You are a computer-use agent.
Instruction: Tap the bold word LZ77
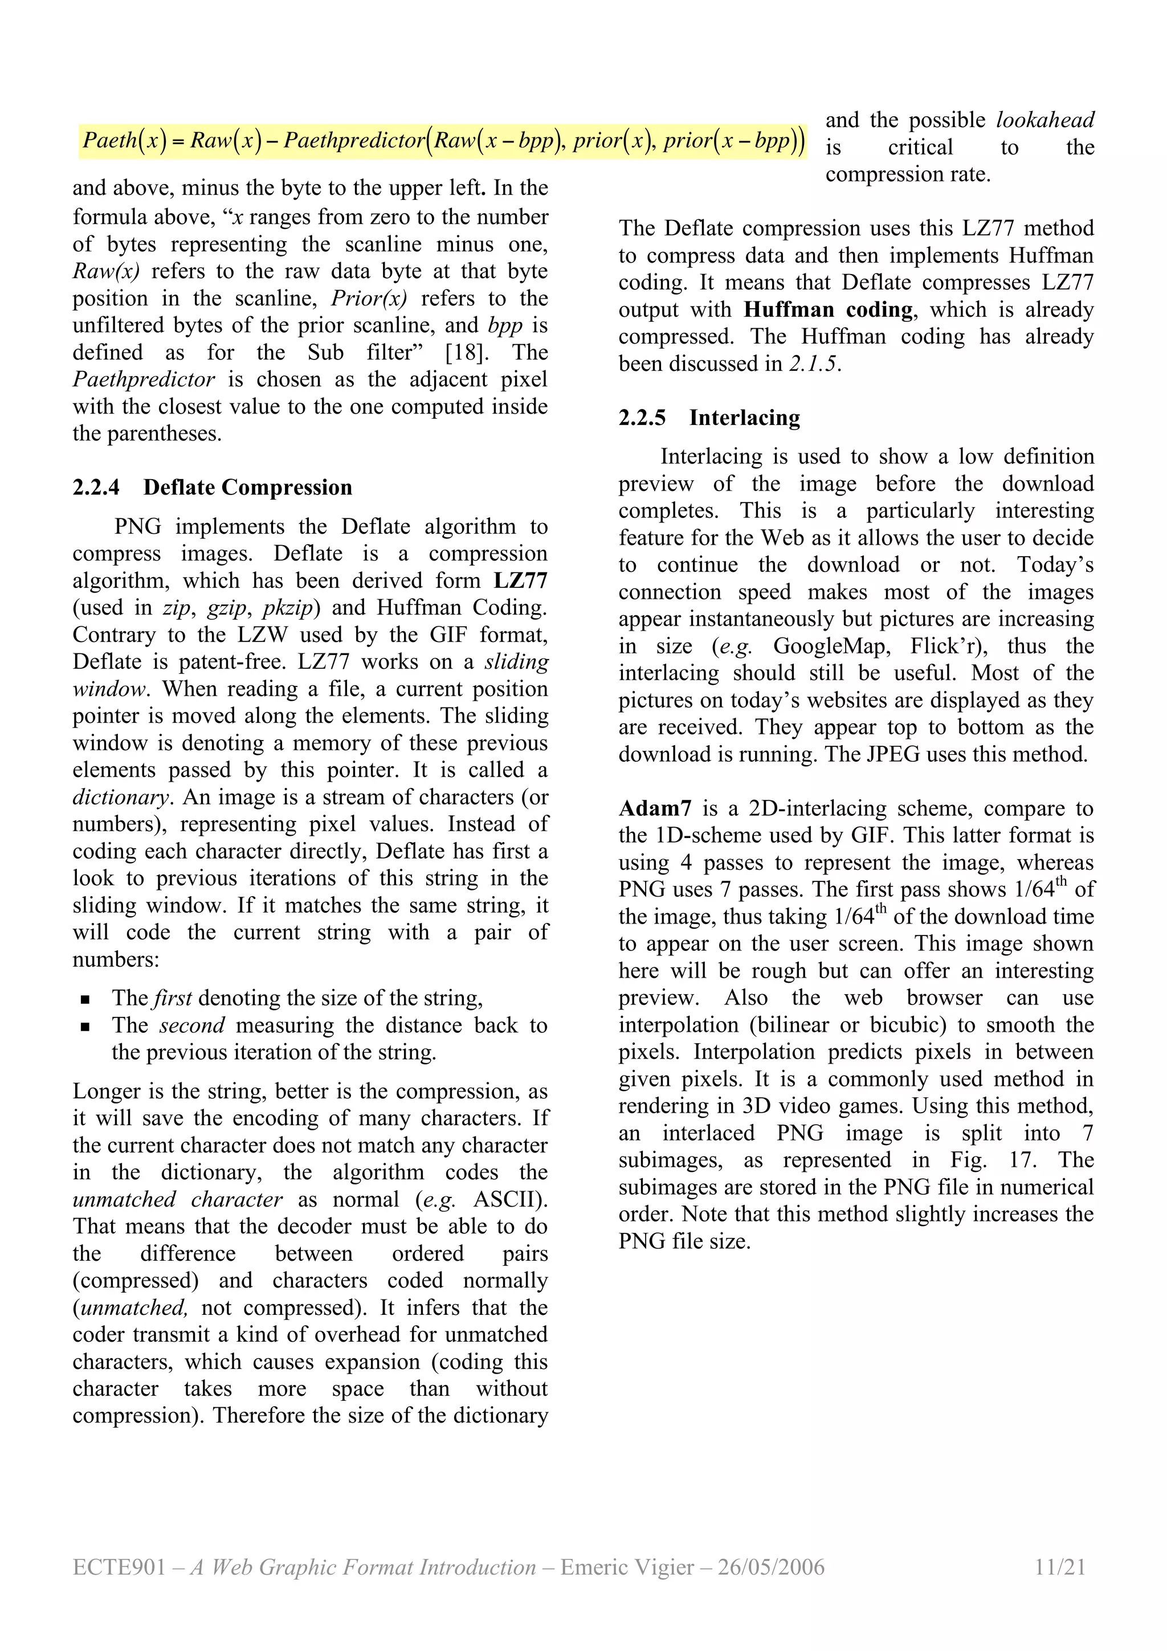(x=521, y=581)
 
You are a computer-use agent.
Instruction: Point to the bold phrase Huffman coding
(x=827, y=309)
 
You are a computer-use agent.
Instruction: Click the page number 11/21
(x=1059, y=1566)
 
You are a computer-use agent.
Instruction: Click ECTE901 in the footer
(x=119, y=1566)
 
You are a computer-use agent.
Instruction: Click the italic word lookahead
(x=1044, y=120)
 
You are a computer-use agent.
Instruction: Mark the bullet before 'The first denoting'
(x=85, y=999)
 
